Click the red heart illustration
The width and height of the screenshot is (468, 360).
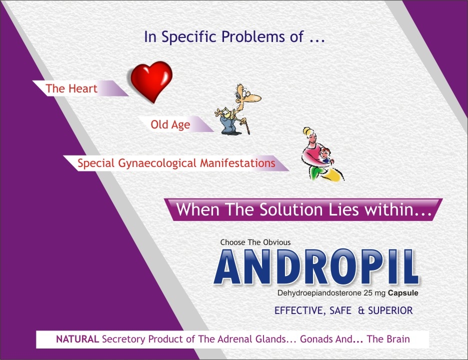coord(151,81)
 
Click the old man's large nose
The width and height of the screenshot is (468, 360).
coord(255,97)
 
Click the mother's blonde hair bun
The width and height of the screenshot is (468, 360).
coord(307,131)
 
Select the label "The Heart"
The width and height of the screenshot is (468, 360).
coord(71,88)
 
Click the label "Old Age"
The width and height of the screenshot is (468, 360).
coord(170,124)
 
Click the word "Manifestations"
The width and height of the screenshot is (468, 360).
coord(237,163)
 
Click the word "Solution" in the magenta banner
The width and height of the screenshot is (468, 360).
coord(291,209)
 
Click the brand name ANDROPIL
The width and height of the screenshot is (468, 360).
coord(316,266)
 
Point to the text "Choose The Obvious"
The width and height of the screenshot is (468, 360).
coord(255,242)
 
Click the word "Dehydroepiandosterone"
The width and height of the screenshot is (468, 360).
coord(319,293)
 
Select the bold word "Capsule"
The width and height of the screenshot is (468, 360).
coord(403,293)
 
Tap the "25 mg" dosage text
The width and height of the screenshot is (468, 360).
coord(374,293)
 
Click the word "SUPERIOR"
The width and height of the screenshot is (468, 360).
coord(390,310)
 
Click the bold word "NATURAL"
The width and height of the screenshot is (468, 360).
coord(77,339)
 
